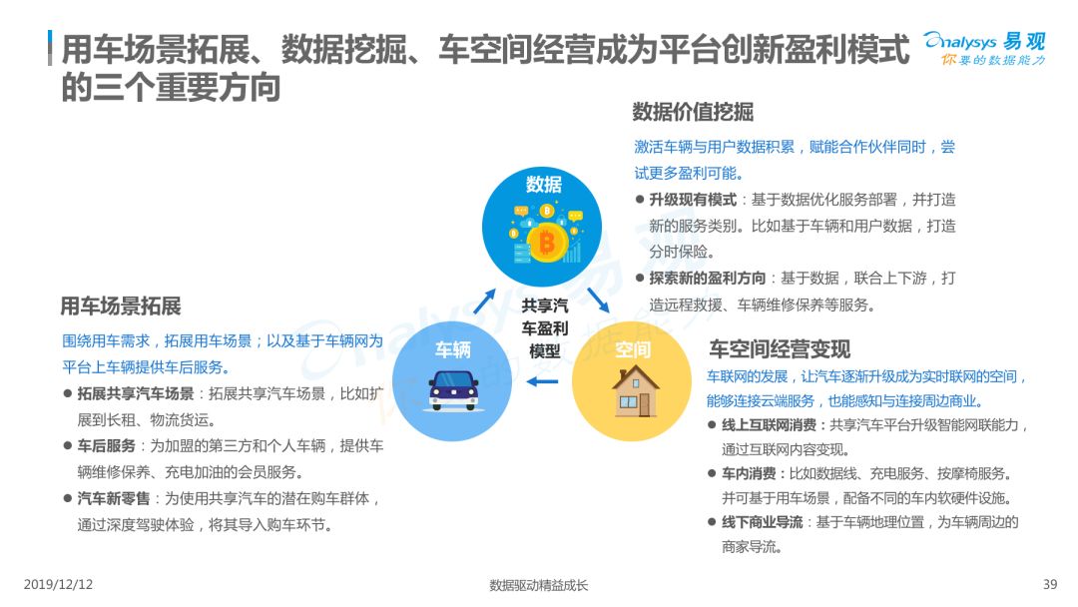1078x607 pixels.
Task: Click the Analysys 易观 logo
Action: (984, 48)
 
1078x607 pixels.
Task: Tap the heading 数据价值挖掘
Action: (693, 112)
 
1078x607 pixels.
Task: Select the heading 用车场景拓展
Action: (121, 305)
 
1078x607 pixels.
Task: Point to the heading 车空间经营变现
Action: (780, 349)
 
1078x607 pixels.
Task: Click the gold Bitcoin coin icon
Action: (547, 242)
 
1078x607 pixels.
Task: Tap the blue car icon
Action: (453, 389)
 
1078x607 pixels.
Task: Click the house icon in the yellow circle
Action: (635, 390)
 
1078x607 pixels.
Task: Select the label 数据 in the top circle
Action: (544, 185)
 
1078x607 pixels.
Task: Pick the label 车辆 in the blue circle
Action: (453, 349)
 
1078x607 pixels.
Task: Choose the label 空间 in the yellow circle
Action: (633, 349)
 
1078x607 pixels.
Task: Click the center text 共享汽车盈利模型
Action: (545, 328)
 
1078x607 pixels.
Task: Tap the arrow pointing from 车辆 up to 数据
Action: (485, 302)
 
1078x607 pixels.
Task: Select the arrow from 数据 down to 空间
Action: (598, 300)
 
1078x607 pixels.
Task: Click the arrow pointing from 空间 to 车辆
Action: (542, 381)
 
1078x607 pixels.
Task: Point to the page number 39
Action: (1050, 584)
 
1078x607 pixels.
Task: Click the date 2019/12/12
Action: (59, 584)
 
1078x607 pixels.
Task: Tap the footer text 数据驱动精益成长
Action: (539, 585)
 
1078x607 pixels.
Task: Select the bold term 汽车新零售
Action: (114, 498)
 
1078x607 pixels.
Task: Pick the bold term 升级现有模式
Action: (693, 200)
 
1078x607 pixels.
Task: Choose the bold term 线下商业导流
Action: (763, 522)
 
